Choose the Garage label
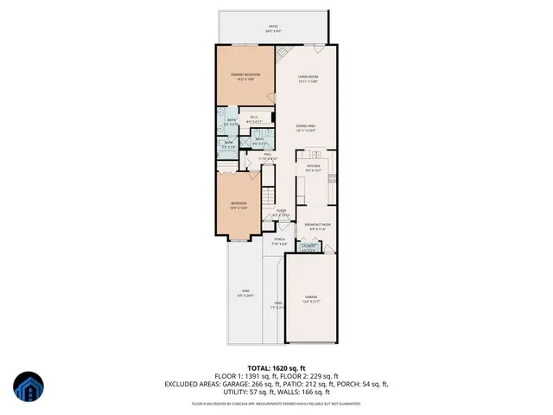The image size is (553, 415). coord(309,299)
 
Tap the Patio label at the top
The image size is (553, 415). coord(273,29)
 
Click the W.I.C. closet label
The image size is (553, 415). coord(255,119)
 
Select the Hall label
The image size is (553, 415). coord(268,156)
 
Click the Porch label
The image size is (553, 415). coord(279,241)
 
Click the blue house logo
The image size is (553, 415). coord(28,388)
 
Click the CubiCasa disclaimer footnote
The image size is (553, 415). coord(276,403)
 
